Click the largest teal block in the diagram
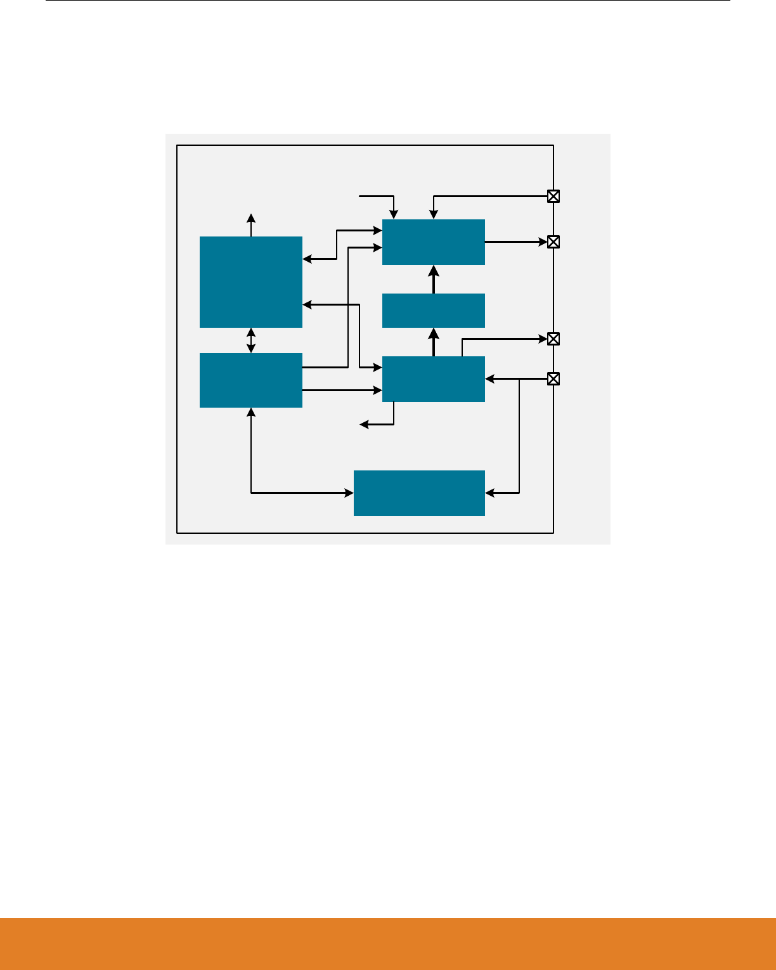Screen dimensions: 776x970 coord(250,281)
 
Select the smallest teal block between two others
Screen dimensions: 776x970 coord(433,310)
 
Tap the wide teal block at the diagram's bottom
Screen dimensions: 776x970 coord(419,493)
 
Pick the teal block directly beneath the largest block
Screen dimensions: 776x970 coord(250,380)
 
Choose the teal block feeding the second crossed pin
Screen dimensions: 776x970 coord(433,242)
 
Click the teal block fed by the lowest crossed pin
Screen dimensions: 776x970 coord(433,378)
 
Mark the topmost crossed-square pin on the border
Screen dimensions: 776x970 coord(553,196)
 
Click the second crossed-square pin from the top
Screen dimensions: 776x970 coord(553,242)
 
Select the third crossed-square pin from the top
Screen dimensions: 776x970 coord(553,339)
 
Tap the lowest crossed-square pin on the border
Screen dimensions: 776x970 coord(553,379)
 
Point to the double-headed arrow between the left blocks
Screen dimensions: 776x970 coord(251,340)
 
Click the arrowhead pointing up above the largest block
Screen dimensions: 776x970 coord(251,217)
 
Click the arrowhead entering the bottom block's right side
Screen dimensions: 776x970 coord(489,492)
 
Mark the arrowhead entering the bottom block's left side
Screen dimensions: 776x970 coord(349,493)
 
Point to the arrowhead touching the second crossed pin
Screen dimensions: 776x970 coord(543,242)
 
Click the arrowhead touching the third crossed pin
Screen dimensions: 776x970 coord(543,339)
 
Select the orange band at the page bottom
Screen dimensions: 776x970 coord(388,943)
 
